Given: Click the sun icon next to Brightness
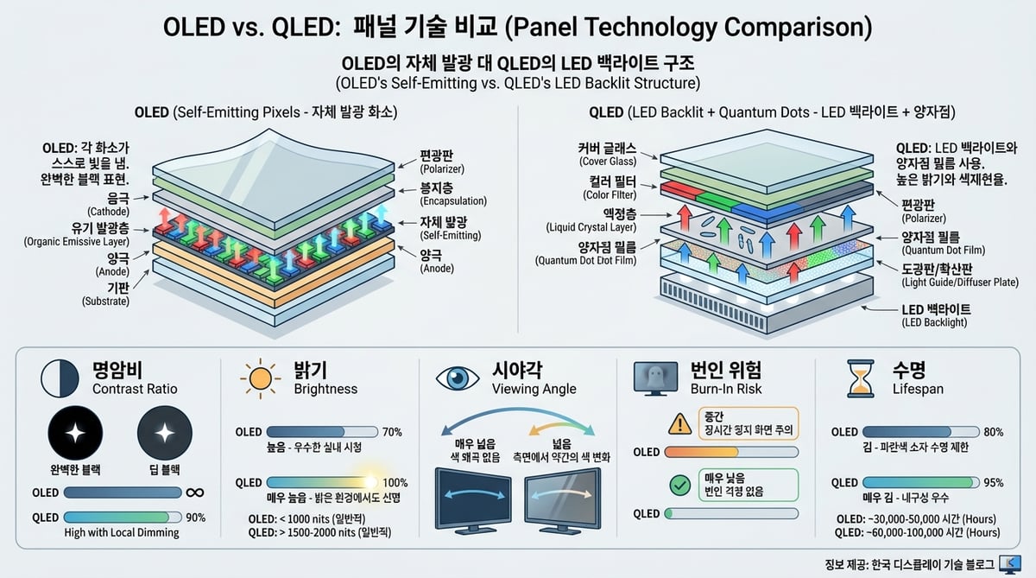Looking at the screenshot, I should (259, 378).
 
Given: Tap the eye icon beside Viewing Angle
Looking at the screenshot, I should (458, 378).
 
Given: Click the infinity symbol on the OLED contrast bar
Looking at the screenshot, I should (196, 493).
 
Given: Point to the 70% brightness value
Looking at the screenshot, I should (392, 432).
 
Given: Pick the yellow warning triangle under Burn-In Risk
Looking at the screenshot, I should (679, 422).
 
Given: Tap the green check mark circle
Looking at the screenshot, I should (679, 485).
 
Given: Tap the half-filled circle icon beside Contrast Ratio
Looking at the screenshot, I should (60, 378).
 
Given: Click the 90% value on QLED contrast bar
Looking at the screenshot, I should (196, 517).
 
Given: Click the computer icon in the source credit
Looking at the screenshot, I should (1007, 564).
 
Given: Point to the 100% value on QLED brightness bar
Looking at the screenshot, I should (395, 483).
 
